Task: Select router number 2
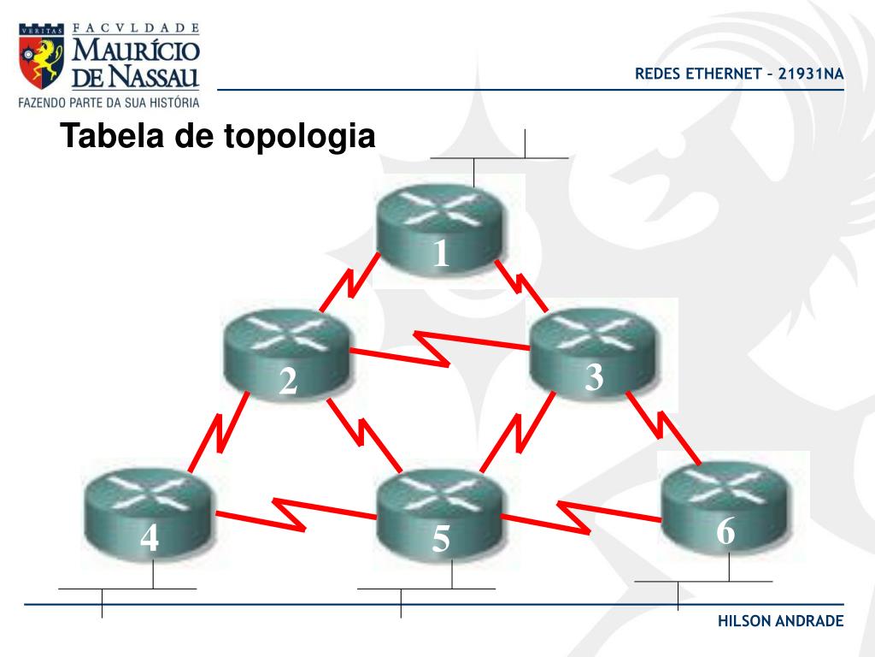(287, 355)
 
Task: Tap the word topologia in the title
(299, 138)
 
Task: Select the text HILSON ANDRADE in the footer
(780, 620)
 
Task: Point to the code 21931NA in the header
(811, 74)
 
